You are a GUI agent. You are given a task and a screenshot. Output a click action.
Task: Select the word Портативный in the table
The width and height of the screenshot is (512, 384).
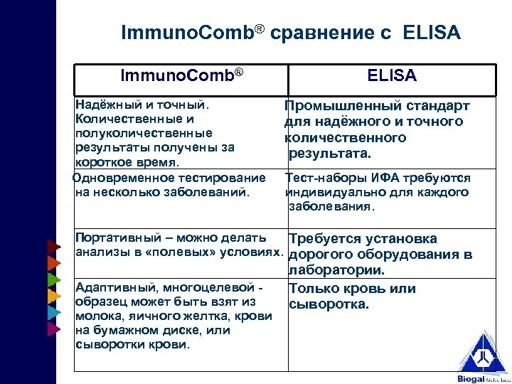tap(111, 238)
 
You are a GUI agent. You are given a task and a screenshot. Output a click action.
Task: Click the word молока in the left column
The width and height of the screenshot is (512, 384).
tap(93, 316)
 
